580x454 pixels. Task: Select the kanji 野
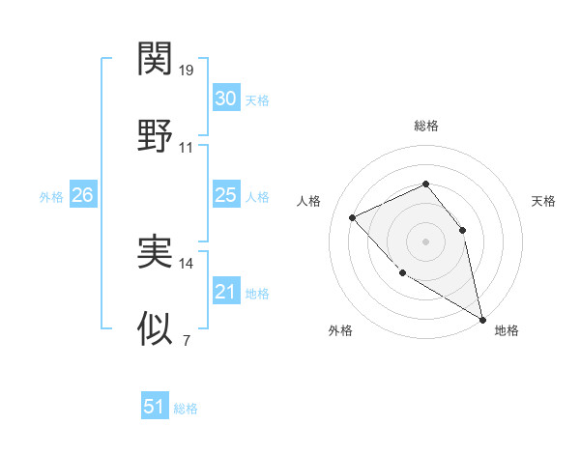(155, 136)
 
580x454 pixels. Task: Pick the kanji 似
(155, 329)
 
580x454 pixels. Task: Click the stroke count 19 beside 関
(187, 71)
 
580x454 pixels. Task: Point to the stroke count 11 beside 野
(187, 148)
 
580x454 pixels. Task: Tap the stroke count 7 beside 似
(186, 341)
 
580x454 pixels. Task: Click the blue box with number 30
(225, 99)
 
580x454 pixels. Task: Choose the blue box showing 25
(225, 195)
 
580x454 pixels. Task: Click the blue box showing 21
(225, 292)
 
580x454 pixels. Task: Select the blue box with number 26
(82, 195)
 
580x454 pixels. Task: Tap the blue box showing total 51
(155, 407)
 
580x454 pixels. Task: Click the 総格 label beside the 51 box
(186, 409)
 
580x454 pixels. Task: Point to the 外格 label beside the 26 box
(51, 197)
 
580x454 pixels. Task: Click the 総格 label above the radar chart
(425, 126)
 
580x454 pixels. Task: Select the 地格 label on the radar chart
(507, 331)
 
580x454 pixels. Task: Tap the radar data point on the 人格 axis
(353, 217)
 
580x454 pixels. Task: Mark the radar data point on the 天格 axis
(462, 230)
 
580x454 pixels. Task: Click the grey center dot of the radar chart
(425, 241)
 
